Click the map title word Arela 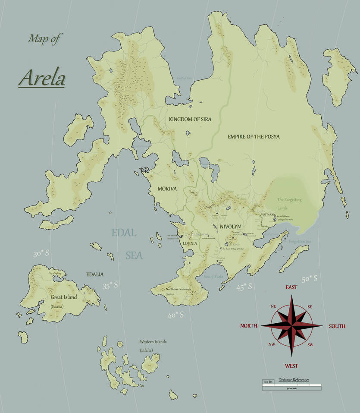[42, 78]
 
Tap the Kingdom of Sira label [190, 119]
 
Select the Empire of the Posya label [254, 137]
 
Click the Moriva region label [167, 189]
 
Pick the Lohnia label [190, 243]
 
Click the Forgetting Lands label [289, 203]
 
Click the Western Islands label [153, 342]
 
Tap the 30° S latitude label [41, 254]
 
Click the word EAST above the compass [291, 287]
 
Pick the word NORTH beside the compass [249, 326]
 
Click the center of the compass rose [291, 326]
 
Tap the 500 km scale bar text [291, 388]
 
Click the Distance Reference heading [294, 380]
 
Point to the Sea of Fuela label [214, 276]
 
